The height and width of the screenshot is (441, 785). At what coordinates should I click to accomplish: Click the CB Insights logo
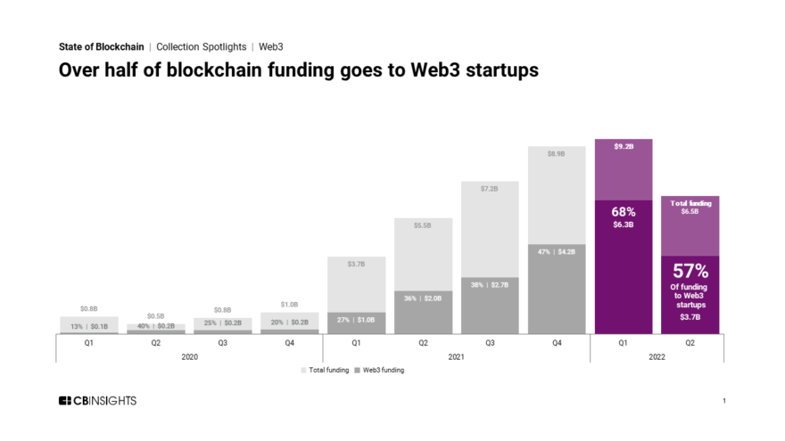point(97,401)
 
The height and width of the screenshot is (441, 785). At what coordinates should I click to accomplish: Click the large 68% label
point(624,212)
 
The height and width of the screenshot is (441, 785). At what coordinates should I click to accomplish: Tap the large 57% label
point(690,270)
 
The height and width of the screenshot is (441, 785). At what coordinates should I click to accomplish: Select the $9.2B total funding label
point(624,145)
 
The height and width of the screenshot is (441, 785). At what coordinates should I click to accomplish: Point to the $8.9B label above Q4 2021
point(556,153)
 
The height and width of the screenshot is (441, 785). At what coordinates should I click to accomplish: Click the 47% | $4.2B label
point(556,251)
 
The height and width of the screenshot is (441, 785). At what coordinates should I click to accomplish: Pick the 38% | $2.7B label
point(489,284)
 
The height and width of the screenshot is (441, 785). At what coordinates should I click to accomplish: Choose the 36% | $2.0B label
point(423,298)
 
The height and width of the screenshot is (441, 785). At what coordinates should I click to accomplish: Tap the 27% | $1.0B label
point(356,318)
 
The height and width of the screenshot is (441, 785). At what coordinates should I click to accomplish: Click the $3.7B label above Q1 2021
point(356,264)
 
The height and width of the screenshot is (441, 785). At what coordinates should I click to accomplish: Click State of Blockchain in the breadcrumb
point(101,46)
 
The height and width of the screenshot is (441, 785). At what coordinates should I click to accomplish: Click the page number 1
point(723,402)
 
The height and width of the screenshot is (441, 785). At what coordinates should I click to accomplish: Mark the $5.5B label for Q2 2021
point(423,225)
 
